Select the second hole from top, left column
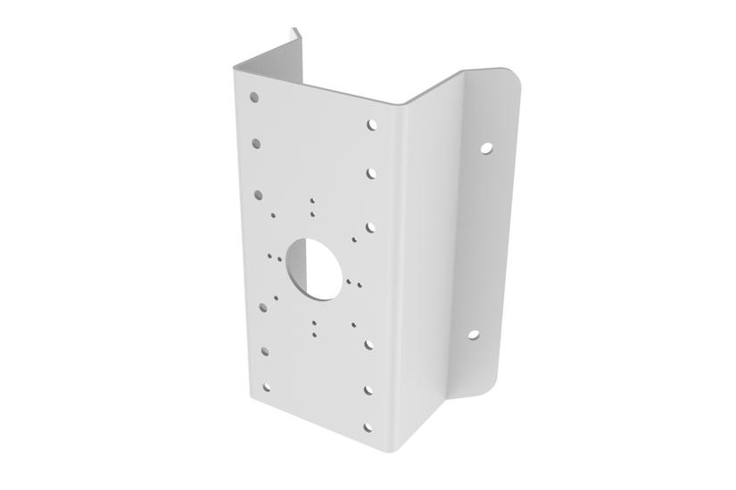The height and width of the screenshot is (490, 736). tap(256, 141)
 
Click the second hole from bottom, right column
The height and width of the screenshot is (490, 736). tap(368, 389)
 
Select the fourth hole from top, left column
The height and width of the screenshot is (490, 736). tap(262, 306)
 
